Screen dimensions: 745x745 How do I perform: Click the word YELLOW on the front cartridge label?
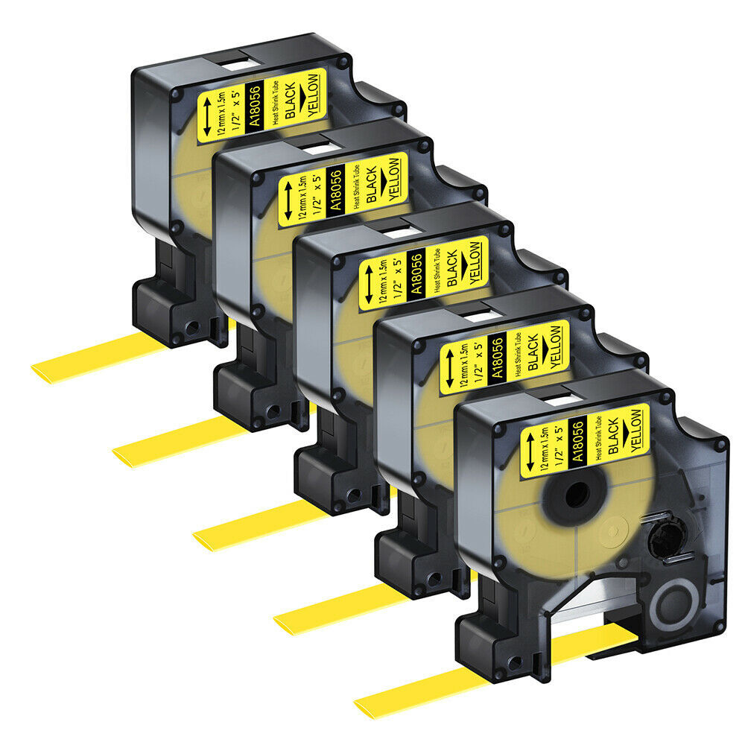coord(637,431)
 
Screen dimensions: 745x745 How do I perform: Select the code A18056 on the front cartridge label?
coord(577,441)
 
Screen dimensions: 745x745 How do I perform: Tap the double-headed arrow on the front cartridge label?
coord(530,451)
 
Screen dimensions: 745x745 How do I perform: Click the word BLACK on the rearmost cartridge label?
coord(290,101)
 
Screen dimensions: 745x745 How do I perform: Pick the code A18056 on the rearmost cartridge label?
coord(255,107)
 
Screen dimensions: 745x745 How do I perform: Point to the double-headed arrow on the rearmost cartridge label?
coord(207,116)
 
